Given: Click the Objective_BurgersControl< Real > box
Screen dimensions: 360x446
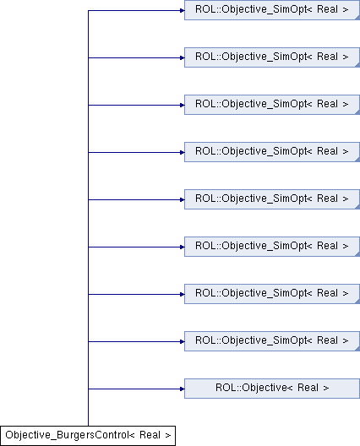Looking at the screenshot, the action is coord(88,436).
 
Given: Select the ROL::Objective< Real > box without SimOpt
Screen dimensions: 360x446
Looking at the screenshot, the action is coord(272,389).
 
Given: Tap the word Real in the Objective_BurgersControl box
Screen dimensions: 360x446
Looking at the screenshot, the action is coord(150,435).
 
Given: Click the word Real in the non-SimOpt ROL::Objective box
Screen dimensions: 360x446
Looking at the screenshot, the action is coord(308,388).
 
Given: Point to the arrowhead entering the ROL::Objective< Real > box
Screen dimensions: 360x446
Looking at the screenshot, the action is coord(183,389).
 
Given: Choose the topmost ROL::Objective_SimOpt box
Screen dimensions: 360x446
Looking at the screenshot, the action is coord(272,10).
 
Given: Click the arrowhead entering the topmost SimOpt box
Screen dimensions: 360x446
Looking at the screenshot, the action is coord(183,10).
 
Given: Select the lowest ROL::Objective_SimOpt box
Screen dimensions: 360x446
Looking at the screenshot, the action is coord(272,341).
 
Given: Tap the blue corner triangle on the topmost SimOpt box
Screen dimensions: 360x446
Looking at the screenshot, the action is coord(357,18).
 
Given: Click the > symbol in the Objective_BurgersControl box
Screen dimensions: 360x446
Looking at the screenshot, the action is coord(168,435).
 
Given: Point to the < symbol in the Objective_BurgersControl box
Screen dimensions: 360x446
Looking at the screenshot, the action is coord(132,435).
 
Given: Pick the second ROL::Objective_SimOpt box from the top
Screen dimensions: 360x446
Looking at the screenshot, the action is coord(272,57).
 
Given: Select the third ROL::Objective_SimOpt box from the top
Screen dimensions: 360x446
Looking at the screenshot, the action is coord(272,105).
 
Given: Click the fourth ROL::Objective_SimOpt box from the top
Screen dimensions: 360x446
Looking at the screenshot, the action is coord(272,152).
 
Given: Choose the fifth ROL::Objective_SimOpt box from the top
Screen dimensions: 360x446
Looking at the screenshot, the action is coord(272,199).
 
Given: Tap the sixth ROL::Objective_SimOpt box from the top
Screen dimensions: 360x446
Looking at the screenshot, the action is coord(272,247).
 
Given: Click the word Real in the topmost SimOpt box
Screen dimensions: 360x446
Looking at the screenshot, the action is coord(328,9).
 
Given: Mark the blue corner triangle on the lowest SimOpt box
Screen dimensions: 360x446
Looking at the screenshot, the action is coord(357,349).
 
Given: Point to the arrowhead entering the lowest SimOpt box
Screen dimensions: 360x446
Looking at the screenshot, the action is coord(183,341).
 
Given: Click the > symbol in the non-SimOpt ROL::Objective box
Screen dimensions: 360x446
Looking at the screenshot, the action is coord(326,388).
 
